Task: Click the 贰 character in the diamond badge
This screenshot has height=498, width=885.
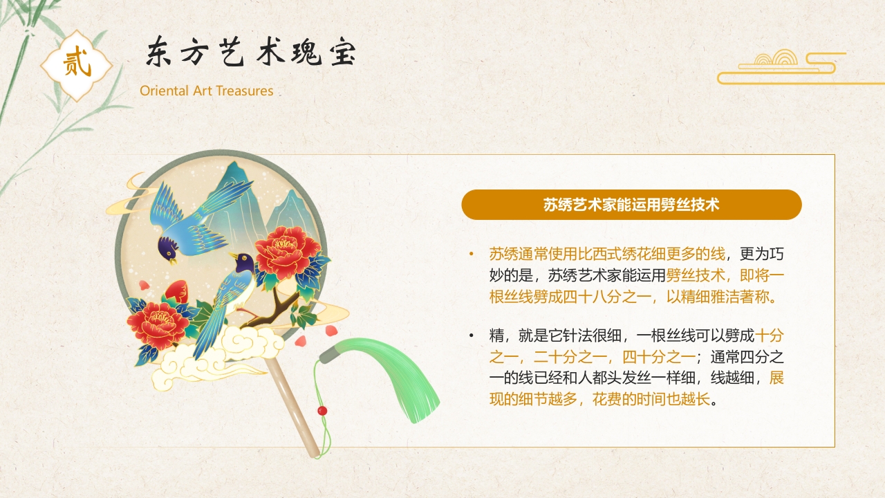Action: pos(76,65)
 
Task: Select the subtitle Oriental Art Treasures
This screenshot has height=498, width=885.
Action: pos(206,91)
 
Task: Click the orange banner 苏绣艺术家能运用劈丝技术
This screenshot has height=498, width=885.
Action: pos(631,205)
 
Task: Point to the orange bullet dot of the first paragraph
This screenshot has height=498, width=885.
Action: pos(472,254)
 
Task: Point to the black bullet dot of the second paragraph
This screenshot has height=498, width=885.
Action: pos(472,336)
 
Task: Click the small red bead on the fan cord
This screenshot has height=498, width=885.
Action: pos(322,411)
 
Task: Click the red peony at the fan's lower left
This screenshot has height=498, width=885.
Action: pos(158,323)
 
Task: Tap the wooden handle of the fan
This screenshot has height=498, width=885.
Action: pos(294,408)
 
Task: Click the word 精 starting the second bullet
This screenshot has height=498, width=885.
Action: pos(496,336)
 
